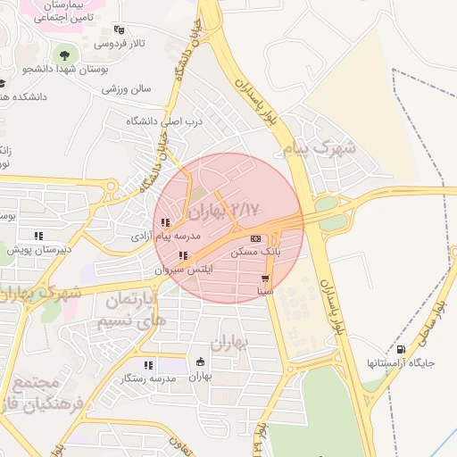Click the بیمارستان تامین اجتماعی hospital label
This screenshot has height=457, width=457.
58,12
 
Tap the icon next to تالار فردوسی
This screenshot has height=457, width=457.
120,29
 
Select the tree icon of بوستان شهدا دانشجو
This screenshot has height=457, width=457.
62,54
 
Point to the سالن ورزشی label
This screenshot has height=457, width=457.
127,89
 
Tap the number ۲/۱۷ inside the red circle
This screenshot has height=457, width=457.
245,208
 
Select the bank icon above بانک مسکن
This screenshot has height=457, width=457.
256,239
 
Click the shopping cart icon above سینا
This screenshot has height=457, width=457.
265,278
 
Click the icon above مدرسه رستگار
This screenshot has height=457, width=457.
149,364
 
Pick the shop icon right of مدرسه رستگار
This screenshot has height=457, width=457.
200,362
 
